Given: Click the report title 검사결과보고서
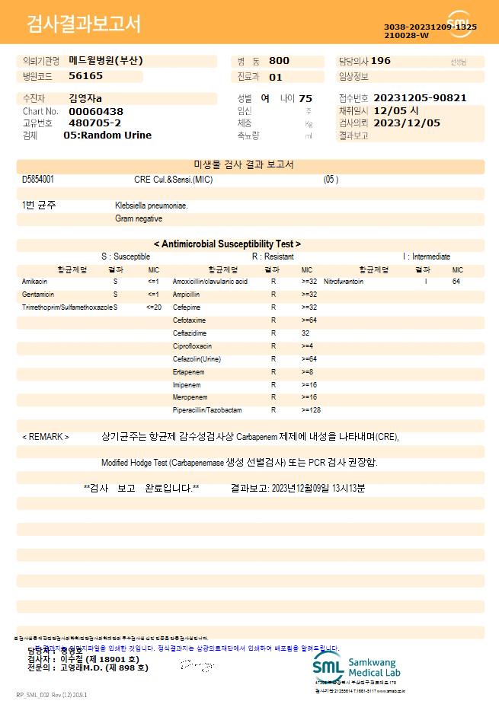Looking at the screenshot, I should pyautogui.click(x=84, y=24).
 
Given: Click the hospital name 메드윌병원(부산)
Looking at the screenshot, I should pyautogui.click(x=106, y=61).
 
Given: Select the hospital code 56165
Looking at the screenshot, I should pyautogui.click(x=85, y=76).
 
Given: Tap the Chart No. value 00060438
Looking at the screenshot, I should pyautogui.click(x=95, y=111).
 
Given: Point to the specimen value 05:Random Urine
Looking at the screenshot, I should pyautogui.click(x=107, y=135).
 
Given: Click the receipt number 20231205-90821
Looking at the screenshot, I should pyautogui.click(x=421, y=98).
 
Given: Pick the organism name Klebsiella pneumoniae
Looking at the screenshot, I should pyautogui.click(x=152, y=205).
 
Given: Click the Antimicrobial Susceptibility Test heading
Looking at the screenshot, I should pyautogui.click(x=227, y=244).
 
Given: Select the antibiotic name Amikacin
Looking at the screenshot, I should pyautogui.click(x=34, y=282).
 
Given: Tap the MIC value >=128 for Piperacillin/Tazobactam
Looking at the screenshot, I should pyautogui.click(x=311, y=411).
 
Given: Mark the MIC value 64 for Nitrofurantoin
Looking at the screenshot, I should pyautogui.click(x=456, y=282).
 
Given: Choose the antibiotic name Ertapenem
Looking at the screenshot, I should pyautogui.click(x=188, y=372).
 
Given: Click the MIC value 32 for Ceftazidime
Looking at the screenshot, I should pyautogui.click(x=305, y=333).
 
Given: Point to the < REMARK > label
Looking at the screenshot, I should pyautogui.click(x=46, y=438).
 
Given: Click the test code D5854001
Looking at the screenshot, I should pyautogui.click(x=38, y=180).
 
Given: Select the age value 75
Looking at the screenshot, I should pyautogui.click(x=305, y=98).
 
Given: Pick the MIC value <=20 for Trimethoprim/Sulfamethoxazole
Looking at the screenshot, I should pyautogui.click(x=154, y=307).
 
